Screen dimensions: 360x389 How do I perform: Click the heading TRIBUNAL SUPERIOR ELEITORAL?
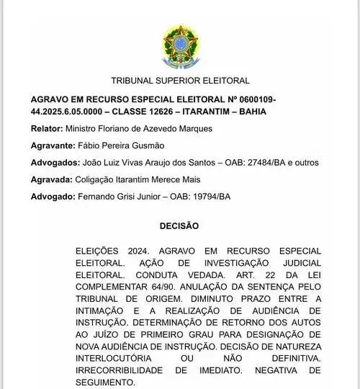click(x=180, y=81)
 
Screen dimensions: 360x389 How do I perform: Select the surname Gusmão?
click(x=150, y=146)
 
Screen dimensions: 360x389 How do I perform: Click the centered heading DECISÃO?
click(x=179, y=225)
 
